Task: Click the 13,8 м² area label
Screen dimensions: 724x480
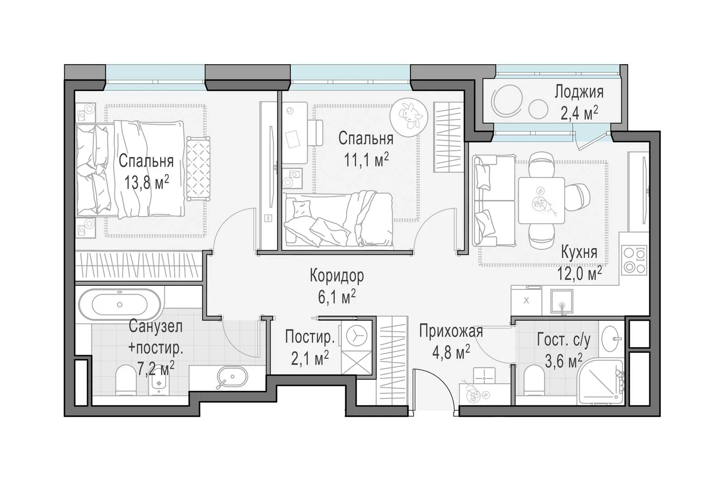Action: pos(147,183)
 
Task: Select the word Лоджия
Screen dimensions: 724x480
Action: pos(579,92)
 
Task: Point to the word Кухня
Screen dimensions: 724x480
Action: pos(579,252)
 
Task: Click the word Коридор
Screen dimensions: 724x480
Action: pos(337,276)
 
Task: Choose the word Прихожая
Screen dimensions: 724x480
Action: pos(451,332)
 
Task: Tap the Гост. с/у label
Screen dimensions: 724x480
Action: pos(564,340)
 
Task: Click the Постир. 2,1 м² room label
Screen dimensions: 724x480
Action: pos(310,348)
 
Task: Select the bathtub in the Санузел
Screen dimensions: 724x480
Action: pos(119,304)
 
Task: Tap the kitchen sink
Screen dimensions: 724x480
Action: pos(562,301)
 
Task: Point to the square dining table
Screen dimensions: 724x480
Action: pos(541,200)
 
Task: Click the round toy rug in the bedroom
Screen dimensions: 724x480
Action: pos(409,118)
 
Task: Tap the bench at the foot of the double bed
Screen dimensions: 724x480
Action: pos(198,168)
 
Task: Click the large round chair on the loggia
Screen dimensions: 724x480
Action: pos(506,101)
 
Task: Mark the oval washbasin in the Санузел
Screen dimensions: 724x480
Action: pos(233,376)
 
